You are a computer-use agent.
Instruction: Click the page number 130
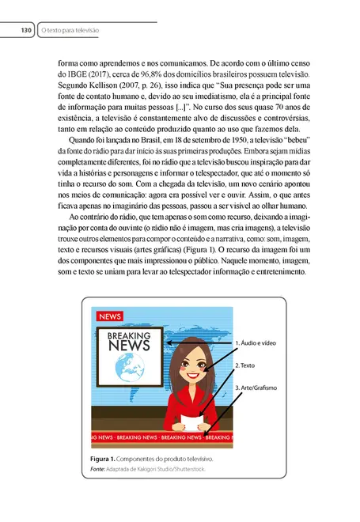(25, 30)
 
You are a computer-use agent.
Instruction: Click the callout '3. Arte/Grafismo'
(260, 388)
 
